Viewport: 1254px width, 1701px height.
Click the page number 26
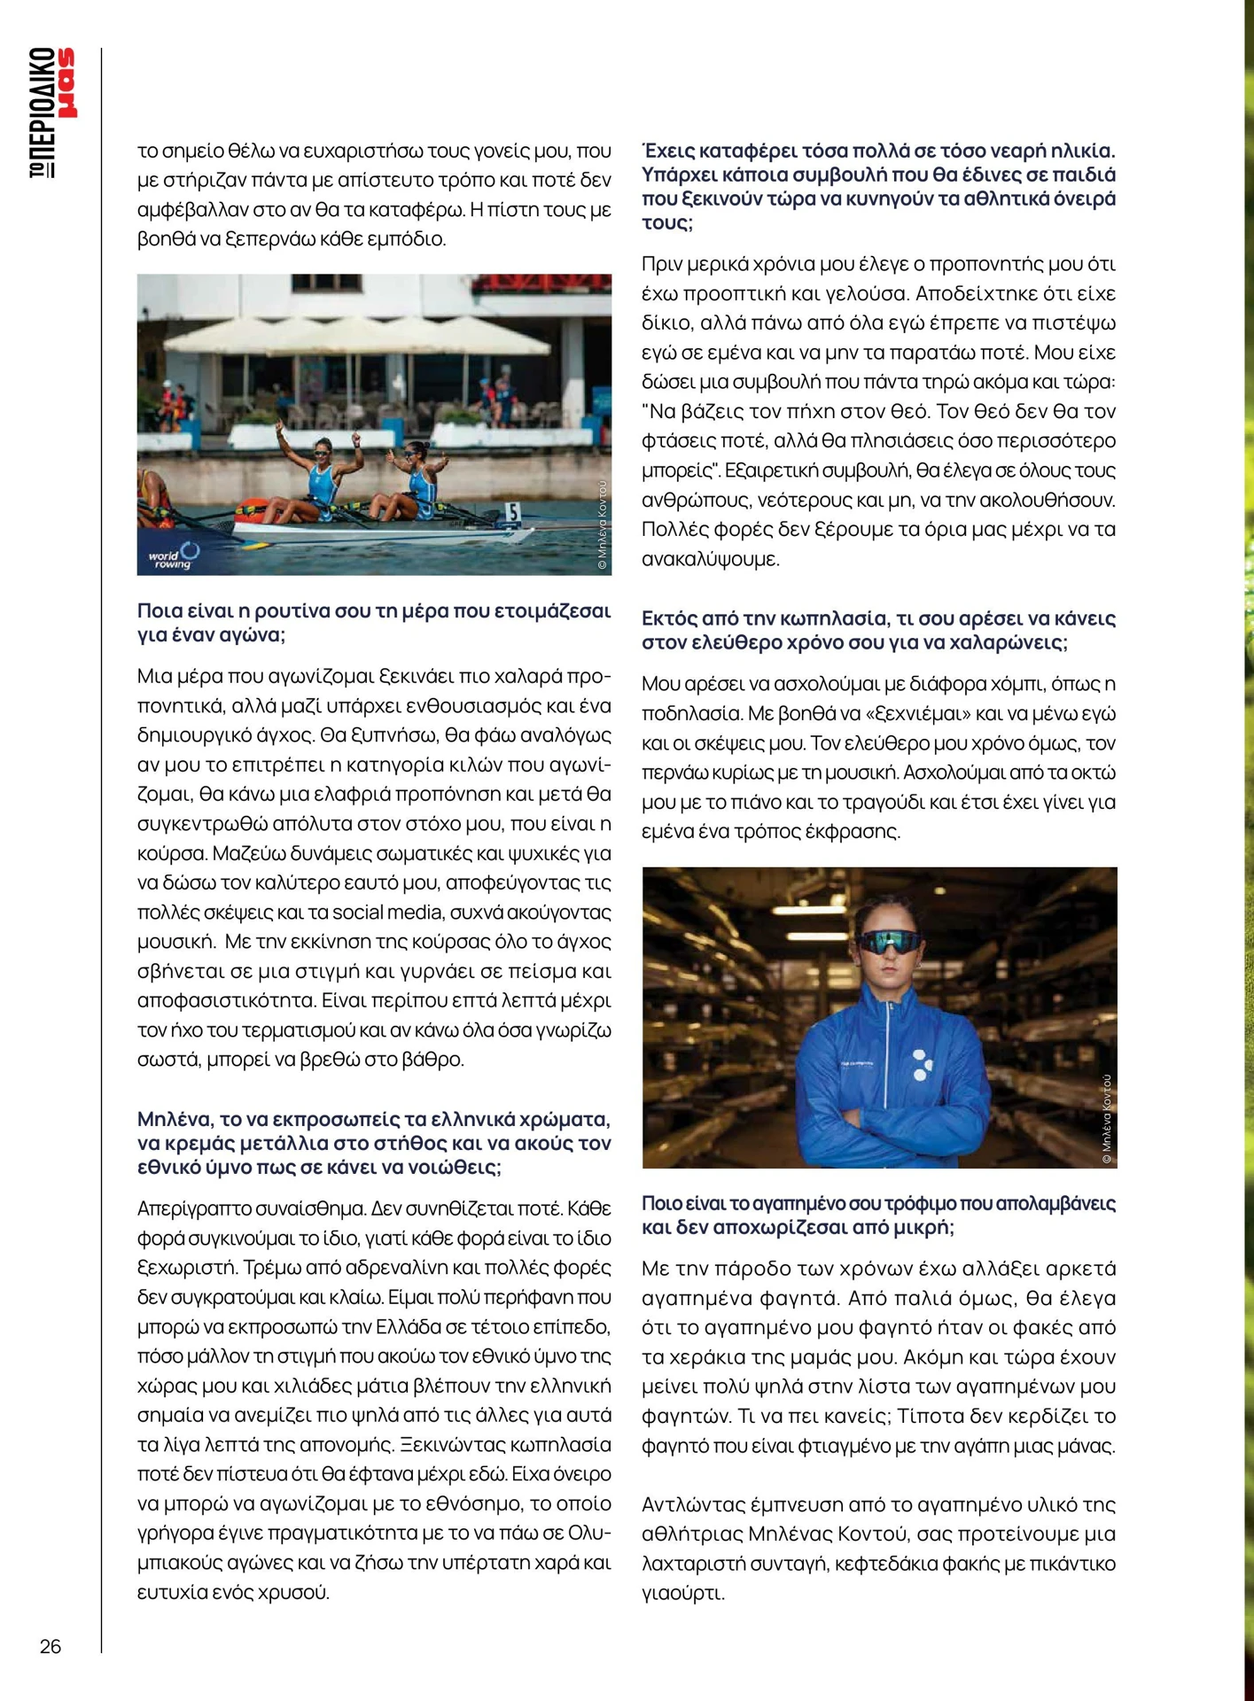point(51,1646)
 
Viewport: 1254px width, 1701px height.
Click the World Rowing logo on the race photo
point(175,556)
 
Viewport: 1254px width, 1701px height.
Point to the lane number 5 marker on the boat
point(511,511)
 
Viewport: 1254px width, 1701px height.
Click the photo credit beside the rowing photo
point(602,524)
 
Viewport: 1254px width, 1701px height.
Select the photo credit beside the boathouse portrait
point(1106,1118)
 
